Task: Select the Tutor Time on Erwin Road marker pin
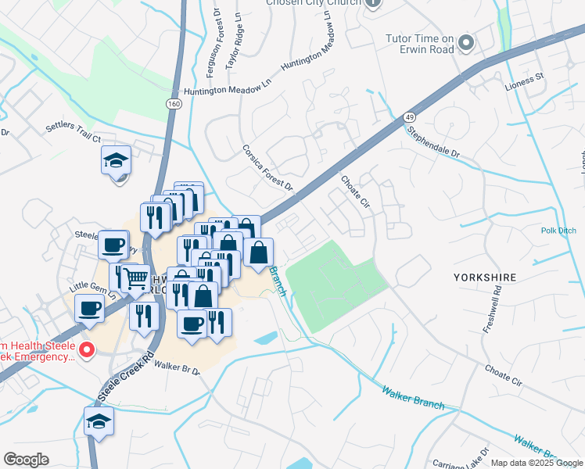[x=467, y=43]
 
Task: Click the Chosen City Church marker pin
[x=372, y=3]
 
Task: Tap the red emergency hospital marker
[x=88, y=349]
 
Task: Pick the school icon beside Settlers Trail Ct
[x=116, y=161]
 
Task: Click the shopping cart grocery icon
[x=135, y=277]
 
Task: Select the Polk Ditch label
[x=558, y=231]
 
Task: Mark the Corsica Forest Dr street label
[x=267, y=167]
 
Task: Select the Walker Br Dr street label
[x=177, y=367]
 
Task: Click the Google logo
[x=26, y=459]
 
